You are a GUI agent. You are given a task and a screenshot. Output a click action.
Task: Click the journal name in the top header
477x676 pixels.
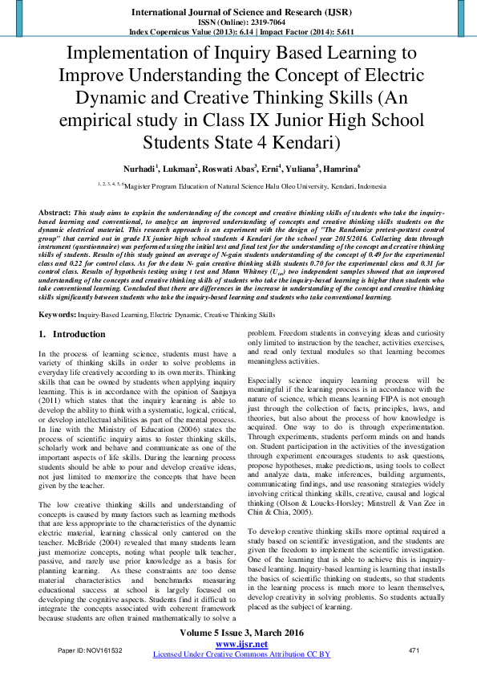click(x=238, y=14)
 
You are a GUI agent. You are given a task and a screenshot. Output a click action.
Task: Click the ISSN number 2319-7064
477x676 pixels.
click(x=255, y=24)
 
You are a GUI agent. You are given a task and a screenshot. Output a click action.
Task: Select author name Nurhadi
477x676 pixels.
click(x=138, y=169)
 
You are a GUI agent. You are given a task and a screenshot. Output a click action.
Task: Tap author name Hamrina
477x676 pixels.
click(x=342, y=169)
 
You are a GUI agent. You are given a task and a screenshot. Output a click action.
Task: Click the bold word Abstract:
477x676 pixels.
click(x=55, y=211)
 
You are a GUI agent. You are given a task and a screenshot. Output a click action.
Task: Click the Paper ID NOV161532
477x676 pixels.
click(x=90, y=650)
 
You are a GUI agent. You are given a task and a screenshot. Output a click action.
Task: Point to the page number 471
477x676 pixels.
click(x=414, y=650)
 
